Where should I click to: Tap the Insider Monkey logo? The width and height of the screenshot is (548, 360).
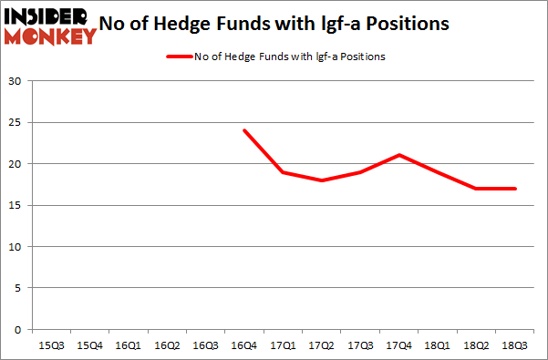point(50,25)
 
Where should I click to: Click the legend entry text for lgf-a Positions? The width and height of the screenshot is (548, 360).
point(290,57)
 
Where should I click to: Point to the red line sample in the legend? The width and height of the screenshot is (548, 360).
point(179,57)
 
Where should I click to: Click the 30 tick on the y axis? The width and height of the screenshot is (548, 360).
point(16,82)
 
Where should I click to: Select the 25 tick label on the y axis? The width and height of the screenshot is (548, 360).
point(16,123)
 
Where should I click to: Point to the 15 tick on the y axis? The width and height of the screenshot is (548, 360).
point(16,206)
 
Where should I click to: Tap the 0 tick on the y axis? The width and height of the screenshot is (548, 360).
point(18,330)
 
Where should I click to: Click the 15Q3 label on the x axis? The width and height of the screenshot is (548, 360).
point(53,346)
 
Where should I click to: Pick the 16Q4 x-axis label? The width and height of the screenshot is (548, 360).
point(244,346)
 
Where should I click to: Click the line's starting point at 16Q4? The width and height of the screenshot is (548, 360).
point(244,130)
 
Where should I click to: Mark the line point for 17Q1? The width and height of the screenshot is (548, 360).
point(284,172)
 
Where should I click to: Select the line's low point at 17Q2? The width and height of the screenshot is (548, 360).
point(322,180)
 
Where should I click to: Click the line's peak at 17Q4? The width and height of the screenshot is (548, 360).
point(398,155)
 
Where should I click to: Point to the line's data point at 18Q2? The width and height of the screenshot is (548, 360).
point(476,189)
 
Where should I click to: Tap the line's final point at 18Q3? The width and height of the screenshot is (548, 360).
point(514,189)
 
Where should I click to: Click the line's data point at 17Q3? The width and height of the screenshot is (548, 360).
point(360,172)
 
